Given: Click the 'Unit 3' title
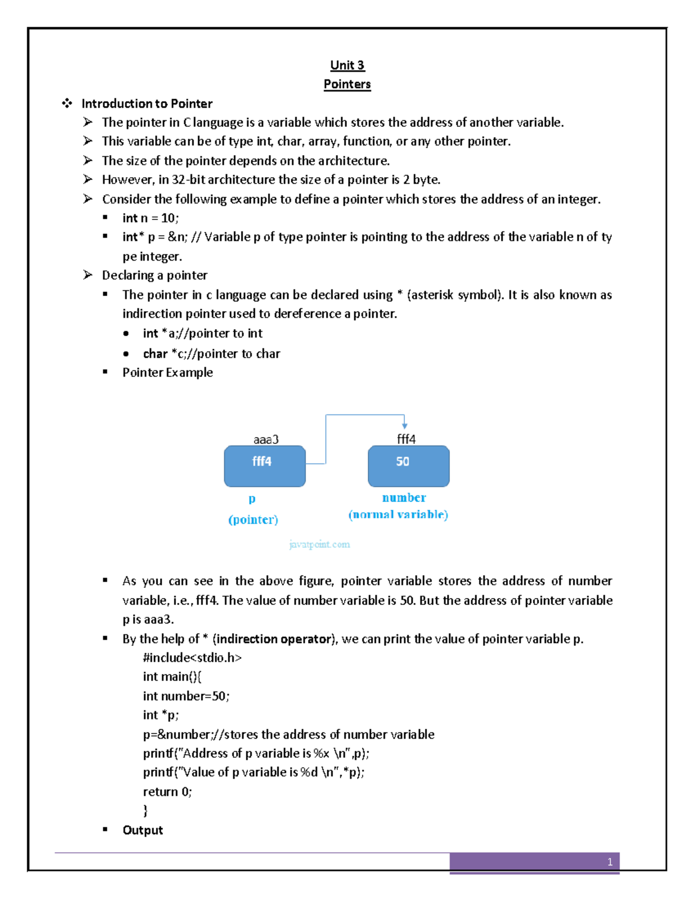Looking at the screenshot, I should [x=347, y=65].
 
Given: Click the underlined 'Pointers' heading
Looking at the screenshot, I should [x=347, y=84].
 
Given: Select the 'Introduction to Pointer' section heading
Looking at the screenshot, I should [x=147, y=104].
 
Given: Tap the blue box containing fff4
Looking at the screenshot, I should [x=265, y=466].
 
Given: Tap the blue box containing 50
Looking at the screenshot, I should [x=408, y=466].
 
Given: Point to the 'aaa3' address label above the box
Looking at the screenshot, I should [x=266, y=439].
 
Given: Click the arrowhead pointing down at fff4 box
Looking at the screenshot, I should [x=404, y=425].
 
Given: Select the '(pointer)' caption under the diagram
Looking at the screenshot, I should [x=253, y=519].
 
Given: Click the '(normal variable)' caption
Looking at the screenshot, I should [x=398, y=515].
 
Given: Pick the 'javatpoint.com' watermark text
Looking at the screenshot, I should [x=319, y=544].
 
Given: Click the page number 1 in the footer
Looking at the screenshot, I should [x=609, y=862].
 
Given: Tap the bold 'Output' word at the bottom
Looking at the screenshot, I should [x=142, y=830].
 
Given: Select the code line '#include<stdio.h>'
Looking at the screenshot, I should [x=192, y=658].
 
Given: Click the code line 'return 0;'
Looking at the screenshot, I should [x=167, y=791].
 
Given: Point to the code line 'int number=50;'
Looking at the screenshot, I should [x=186, y=696].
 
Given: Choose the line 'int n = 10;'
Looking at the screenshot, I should [x=151, y=218].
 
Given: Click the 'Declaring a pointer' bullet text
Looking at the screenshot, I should [x=155, y=275].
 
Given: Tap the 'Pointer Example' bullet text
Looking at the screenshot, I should [x=167, y=372].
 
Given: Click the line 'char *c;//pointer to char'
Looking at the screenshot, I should [x=211, y=354].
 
